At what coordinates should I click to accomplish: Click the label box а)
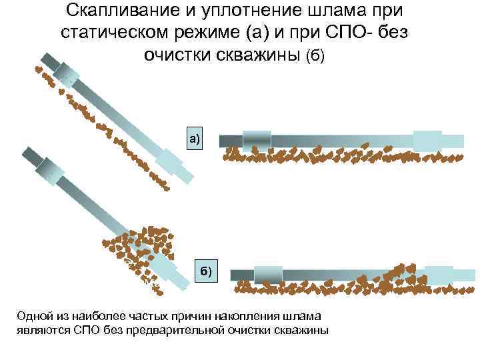(195, 139)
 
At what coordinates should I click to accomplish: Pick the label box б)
(207, 271)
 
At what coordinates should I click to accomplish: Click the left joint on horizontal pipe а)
(257, 140)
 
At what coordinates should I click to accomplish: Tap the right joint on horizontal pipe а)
(427, 140)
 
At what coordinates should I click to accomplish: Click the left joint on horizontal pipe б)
(269, 273)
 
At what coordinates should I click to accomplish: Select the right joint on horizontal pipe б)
(439, 273)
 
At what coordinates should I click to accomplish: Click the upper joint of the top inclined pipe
(67, 73)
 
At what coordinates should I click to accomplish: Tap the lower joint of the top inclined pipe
(169, 161)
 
